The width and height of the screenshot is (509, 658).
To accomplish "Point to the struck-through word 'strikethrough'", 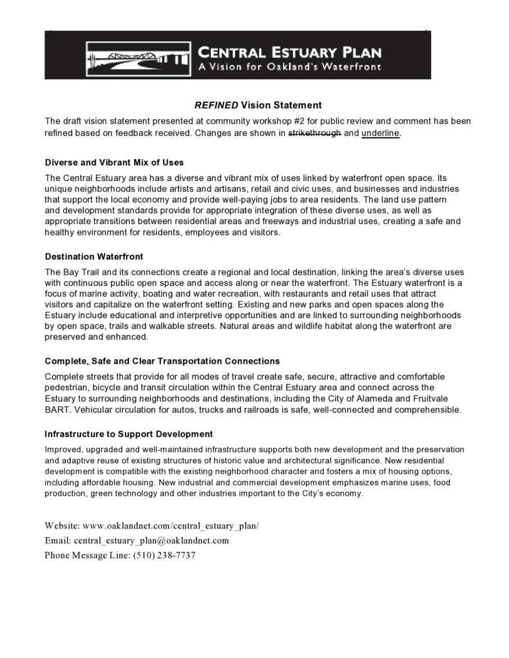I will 314,133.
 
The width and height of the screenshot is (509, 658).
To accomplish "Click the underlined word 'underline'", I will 381,133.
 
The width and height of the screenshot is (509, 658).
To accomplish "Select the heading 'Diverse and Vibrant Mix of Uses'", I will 114,162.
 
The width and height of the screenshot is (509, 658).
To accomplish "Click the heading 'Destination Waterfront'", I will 94,256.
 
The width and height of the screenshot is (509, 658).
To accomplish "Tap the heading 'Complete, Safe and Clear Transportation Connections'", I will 162,361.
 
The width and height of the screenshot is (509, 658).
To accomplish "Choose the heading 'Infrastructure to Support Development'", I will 129,434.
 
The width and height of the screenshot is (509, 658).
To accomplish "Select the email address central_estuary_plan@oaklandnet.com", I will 151,540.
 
